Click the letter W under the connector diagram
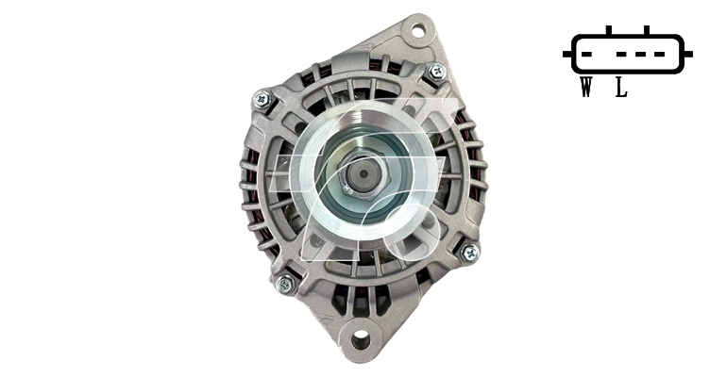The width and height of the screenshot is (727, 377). (x=586, y=88)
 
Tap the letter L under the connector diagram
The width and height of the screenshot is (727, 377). (x=621, y=88)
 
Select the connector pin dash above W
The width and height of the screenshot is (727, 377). (x=586, y=54)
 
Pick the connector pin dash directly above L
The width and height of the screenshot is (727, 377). (x=622, y=54)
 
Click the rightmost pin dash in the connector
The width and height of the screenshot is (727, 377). (x=659, y=54)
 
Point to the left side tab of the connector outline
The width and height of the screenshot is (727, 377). (x=567, y=54)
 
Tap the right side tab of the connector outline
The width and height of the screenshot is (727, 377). (x=688, y=54)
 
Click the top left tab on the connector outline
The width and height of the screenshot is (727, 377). (x=609, y=30)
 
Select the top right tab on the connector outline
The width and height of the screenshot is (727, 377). (x=647, y=30)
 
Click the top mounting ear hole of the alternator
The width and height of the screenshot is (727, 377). (x=417, y=31)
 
